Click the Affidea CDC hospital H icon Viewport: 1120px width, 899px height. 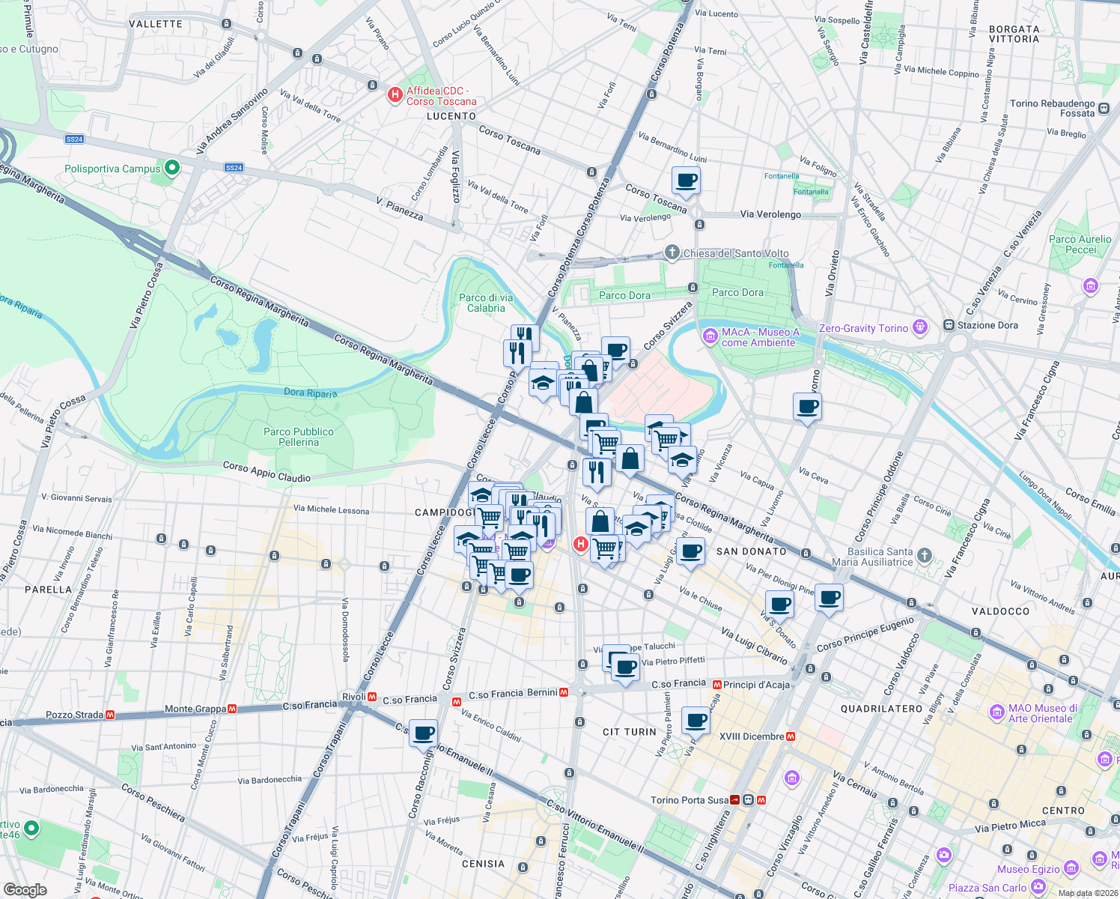point(395,95)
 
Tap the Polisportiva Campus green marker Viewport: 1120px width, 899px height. point(171,168)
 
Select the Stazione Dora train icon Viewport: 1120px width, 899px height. point(949,325)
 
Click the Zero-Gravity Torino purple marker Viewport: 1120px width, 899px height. point(920,327)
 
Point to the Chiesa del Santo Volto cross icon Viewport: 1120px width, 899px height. point(672,252)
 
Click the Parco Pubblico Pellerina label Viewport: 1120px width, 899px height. point(299,437)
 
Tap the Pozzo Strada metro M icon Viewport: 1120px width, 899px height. point(111,715)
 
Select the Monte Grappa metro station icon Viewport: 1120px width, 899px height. point(233,708)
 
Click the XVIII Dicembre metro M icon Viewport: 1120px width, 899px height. point(791,736)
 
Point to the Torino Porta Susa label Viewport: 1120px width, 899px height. point(689,800)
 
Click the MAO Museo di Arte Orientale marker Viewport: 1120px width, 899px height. point(996,712)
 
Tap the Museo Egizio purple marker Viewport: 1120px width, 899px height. point(1071,868)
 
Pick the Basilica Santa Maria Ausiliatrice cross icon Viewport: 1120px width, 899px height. point(925,555)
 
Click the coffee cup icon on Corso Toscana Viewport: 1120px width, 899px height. point(686,181)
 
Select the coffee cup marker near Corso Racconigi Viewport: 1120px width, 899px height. point(423,732)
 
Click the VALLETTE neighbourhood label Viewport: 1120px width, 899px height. point(156,24)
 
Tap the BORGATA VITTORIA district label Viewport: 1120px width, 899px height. point(1014,34)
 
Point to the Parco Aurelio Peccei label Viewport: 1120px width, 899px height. point(1080,244)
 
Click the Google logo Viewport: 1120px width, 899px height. point(25,890)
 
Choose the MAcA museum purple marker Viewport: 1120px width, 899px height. point(710,336)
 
